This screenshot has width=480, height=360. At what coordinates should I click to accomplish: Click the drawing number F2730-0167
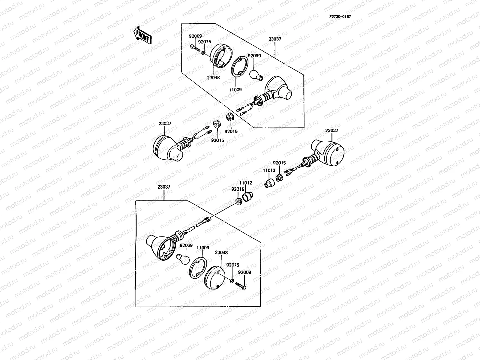(x=340, y=16)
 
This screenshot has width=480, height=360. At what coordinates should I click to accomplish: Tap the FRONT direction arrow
(x=142, y=35)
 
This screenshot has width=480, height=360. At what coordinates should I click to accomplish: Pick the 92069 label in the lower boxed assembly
(x=186, y=245)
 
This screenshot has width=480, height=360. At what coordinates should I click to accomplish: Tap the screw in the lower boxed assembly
(x=241, y=286)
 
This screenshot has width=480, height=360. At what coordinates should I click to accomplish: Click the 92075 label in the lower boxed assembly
(x=232, y=265)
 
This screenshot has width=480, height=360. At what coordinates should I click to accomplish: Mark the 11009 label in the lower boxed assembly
(x=203, y=247)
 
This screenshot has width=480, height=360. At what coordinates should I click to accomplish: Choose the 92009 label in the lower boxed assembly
(x=244, y=272)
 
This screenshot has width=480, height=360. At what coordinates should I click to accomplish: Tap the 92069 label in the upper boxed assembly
(x=254, y=56)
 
